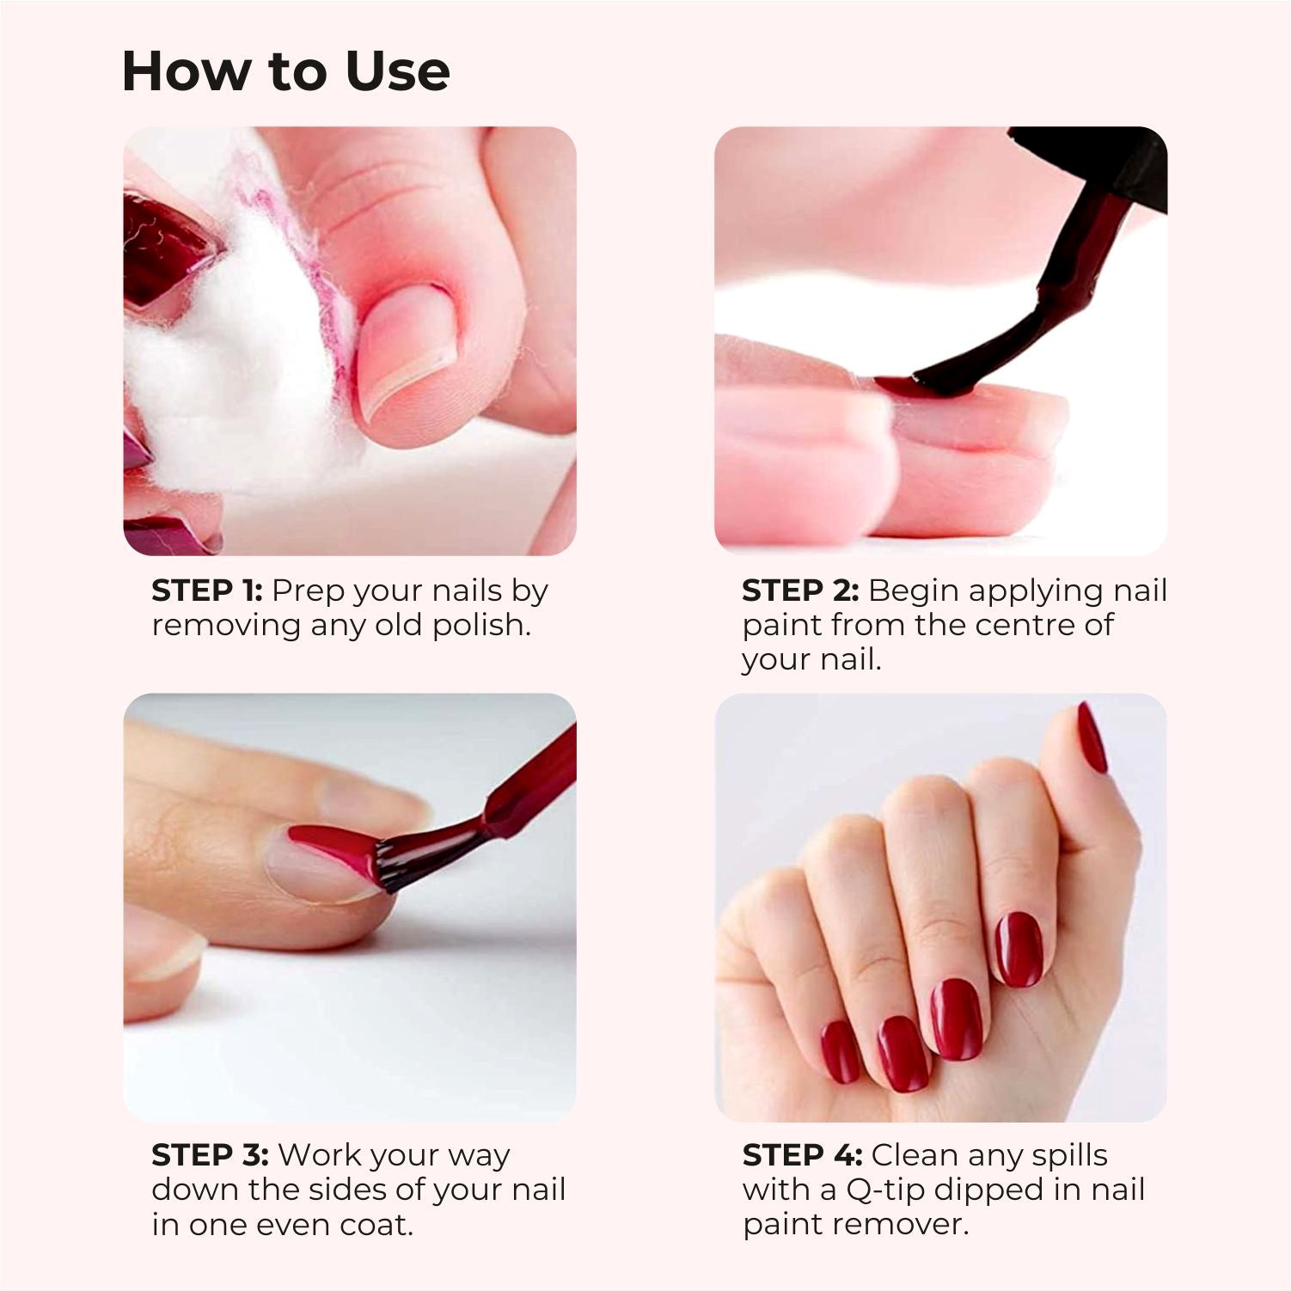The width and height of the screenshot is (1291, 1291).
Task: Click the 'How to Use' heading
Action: (x=285, y=70)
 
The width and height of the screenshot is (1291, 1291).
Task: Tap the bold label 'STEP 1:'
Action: (x=207, y=590)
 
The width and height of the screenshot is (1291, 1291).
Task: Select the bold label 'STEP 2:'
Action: (x=800, y=590)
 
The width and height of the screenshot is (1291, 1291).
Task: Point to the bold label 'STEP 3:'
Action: (x=210, y=1155)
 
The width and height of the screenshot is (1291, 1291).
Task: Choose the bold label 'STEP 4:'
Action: (x=802, y=1155)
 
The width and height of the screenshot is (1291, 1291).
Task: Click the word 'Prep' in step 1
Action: (x=307, y=592)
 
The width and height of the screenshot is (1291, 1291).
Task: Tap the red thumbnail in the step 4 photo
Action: (x=1092, y=737)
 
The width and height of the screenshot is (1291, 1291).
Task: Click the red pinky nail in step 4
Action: (x=840, y=1052)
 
